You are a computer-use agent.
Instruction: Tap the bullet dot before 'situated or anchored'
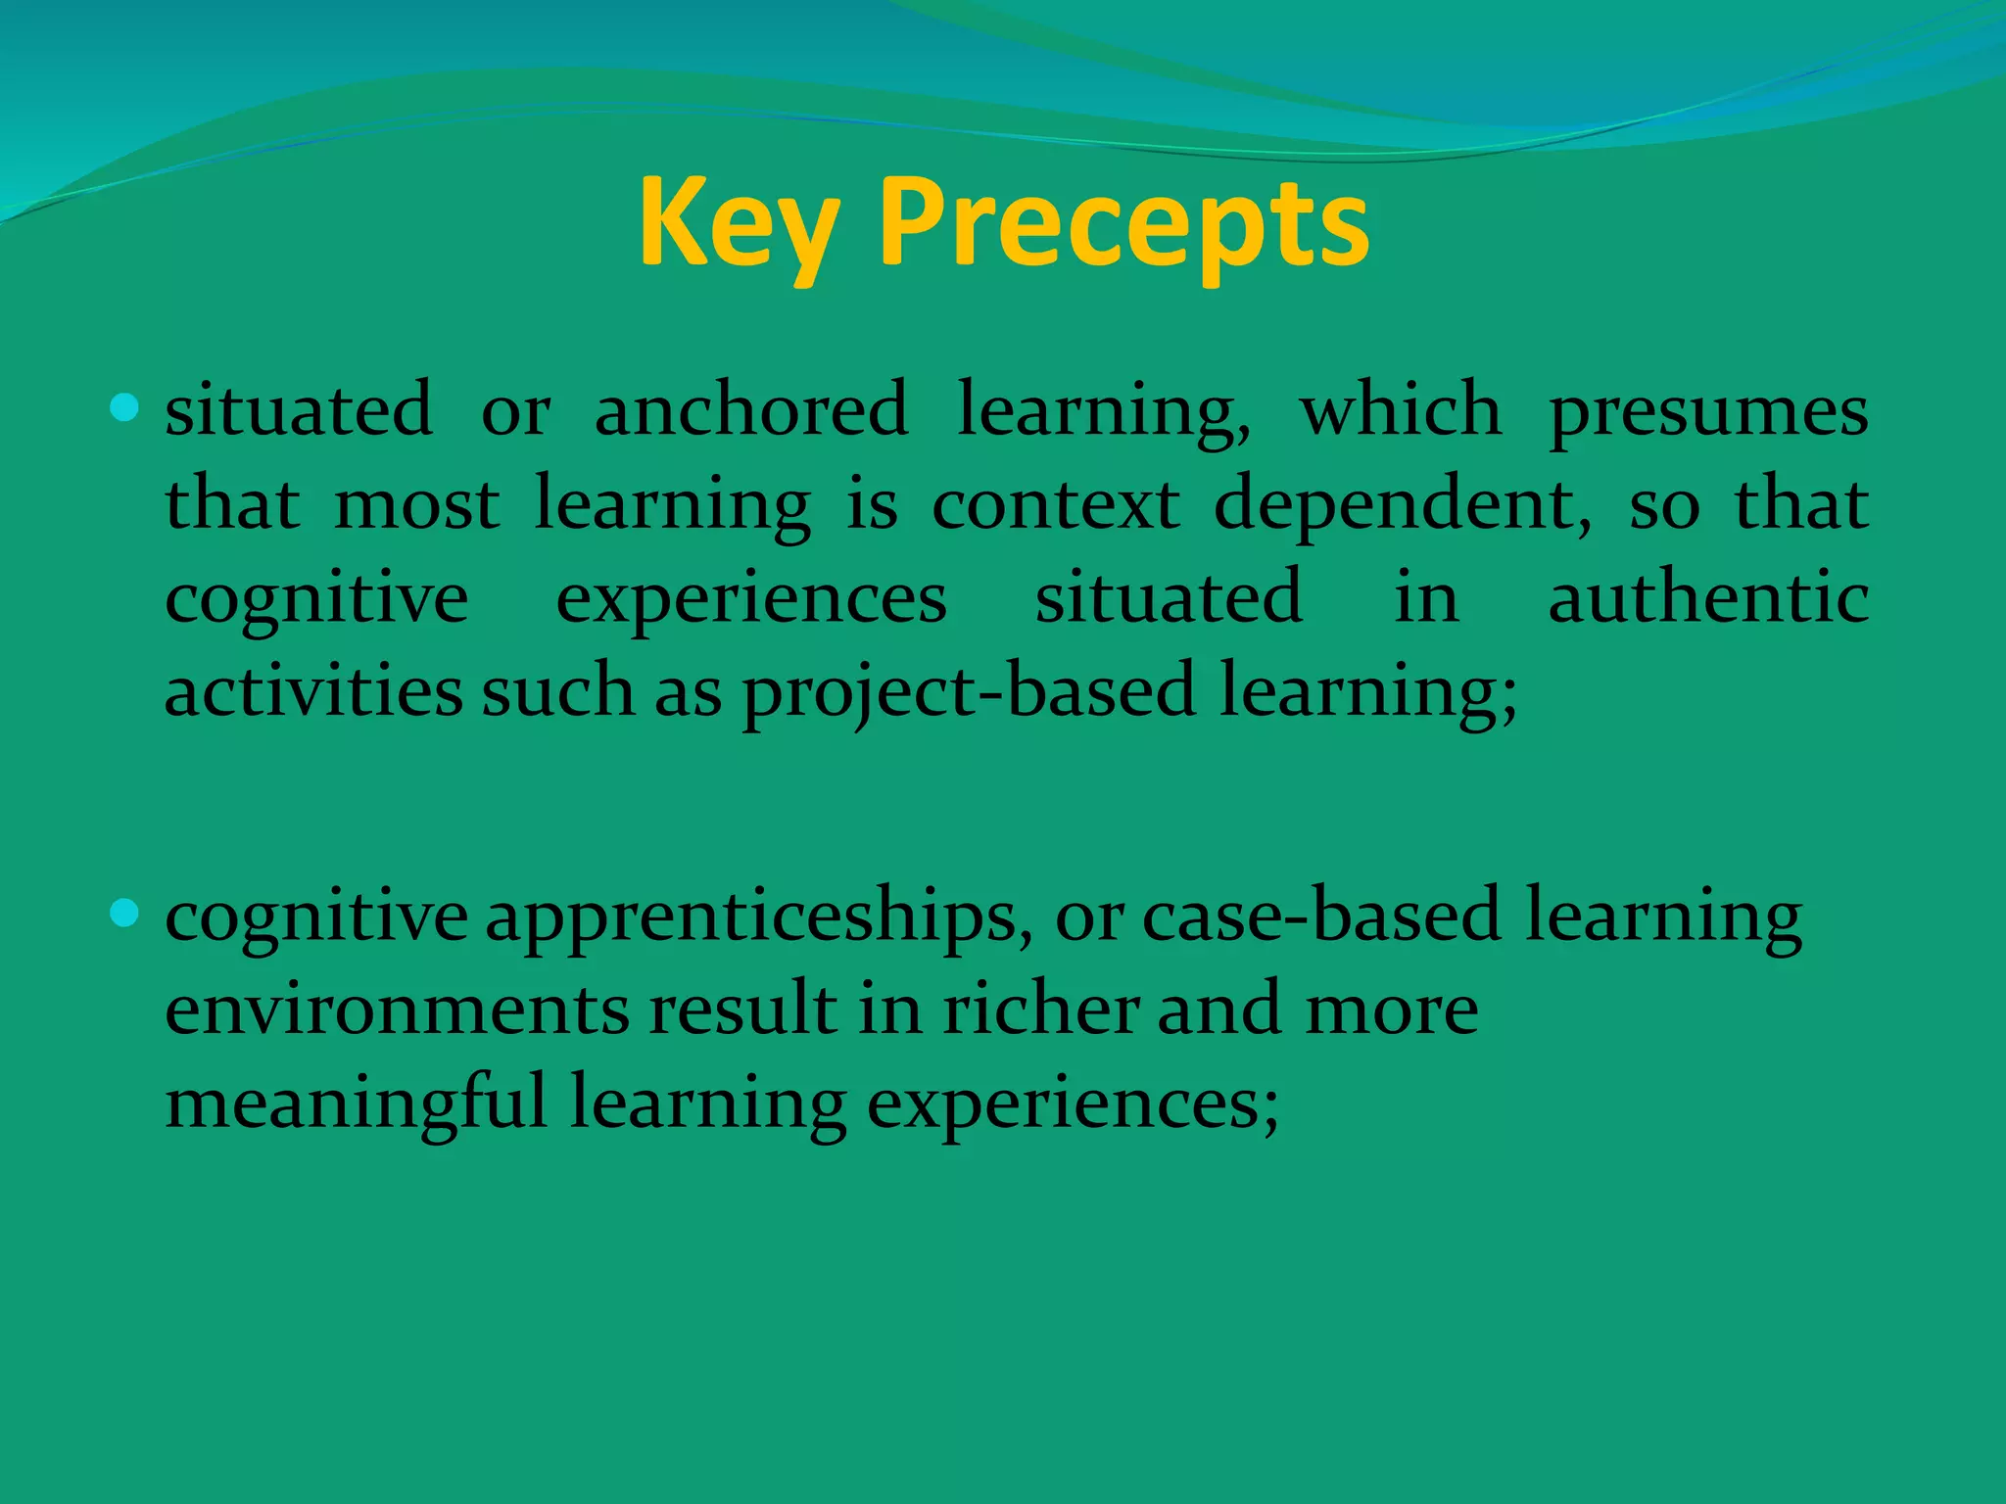tap(125, 406)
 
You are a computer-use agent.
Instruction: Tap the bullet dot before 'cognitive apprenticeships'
tap(125, 914)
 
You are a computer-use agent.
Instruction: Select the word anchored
tap(751, 409)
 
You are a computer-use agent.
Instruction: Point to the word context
tap(1055, 503)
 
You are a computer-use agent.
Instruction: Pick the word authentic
tap(1708, 597)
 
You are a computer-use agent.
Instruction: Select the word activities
tap(313, 689)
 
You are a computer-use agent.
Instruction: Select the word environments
tap(397, 1010)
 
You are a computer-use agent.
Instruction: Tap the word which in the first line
tap(1400, 409)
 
